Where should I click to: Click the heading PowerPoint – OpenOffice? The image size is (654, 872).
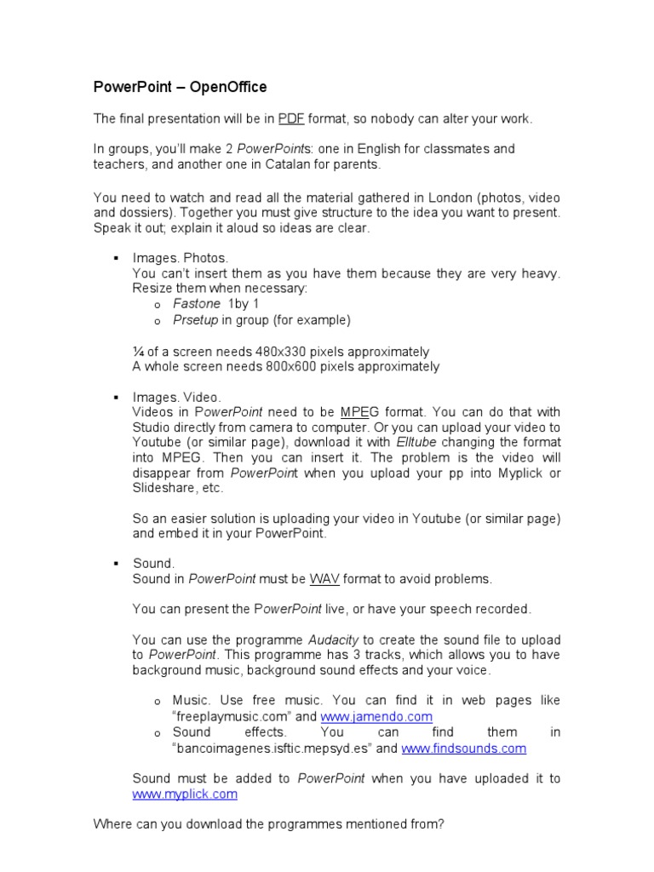(x=180, y=87)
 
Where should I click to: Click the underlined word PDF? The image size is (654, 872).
(x=292, y=118)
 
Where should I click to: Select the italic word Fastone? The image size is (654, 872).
(x=196, y=304)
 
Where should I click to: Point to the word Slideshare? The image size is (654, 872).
(x=166, y=488)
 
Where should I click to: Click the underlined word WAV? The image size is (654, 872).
(x=324, y=579)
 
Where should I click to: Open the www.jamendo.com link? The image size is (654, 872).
(x=376, y=717)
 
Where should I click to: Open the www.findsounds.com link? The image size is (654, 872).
(x=463, y=749)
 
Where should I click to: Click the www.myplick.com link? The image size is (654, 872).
(x=185, y=795)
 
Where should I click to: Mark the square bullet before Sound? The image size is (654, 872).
(x=114, y=564)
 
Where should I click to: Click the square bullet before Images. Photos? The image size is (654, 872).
(x=114, y=257)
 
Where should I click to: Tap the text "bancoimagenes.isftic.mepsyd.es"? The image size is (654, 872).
(x=272, y=749)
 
